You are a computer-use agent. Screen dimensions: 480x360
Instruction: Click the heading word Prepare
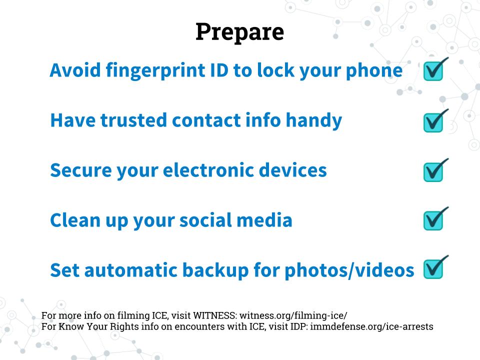click(239, 32)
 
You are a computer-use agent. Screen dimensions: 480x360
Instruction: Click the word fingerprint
click(155, 71)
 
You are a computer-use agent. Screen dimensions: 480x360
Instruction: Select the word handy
click(314, 120)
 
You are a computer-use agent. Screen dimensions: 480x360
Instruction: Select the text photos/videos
click(349, 270)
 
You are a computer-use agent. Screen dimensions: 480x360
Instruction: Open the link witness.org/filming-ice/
click(293, 315)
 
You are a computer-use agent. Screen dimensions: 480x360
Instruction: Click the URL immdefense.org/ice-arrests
click(371, 326)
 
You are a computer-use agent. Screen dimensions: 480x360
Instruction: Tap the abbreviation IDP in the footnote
click(299, 326)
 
